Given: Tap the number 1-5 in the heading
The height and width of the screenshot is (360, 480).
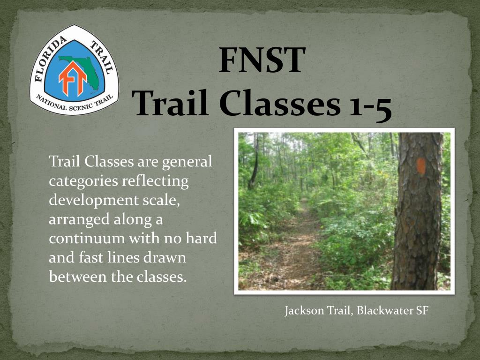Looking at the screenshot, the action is point(370,105).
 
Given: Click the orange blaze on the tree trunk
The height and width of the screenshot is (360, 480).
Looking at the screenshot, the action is point(421,166).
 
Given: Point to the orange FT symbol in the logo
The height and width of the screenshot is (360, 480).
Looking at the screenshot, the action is point(73,79).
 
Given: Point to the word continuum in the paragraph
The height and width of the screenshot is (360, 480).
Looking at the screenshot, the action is point(87,239).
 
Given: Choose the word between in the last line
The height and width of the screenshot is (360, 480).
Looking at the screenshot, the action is point(78,277).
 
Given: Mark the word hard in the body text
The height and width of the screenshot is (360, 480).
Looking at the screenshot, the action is point(202,238).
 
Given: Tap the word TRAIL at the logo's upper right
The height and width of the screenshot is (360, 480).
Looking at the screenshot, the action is point(102,58).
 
